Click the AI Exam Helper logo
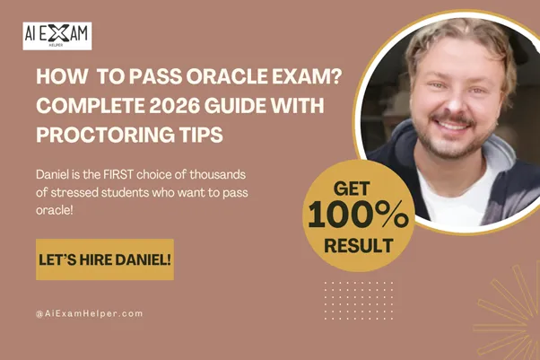[57, 36]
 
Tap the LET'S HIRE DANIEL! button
[105, 259]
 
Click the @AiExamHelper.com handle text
[89, 313]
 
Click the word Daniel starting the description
[56, 171]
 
